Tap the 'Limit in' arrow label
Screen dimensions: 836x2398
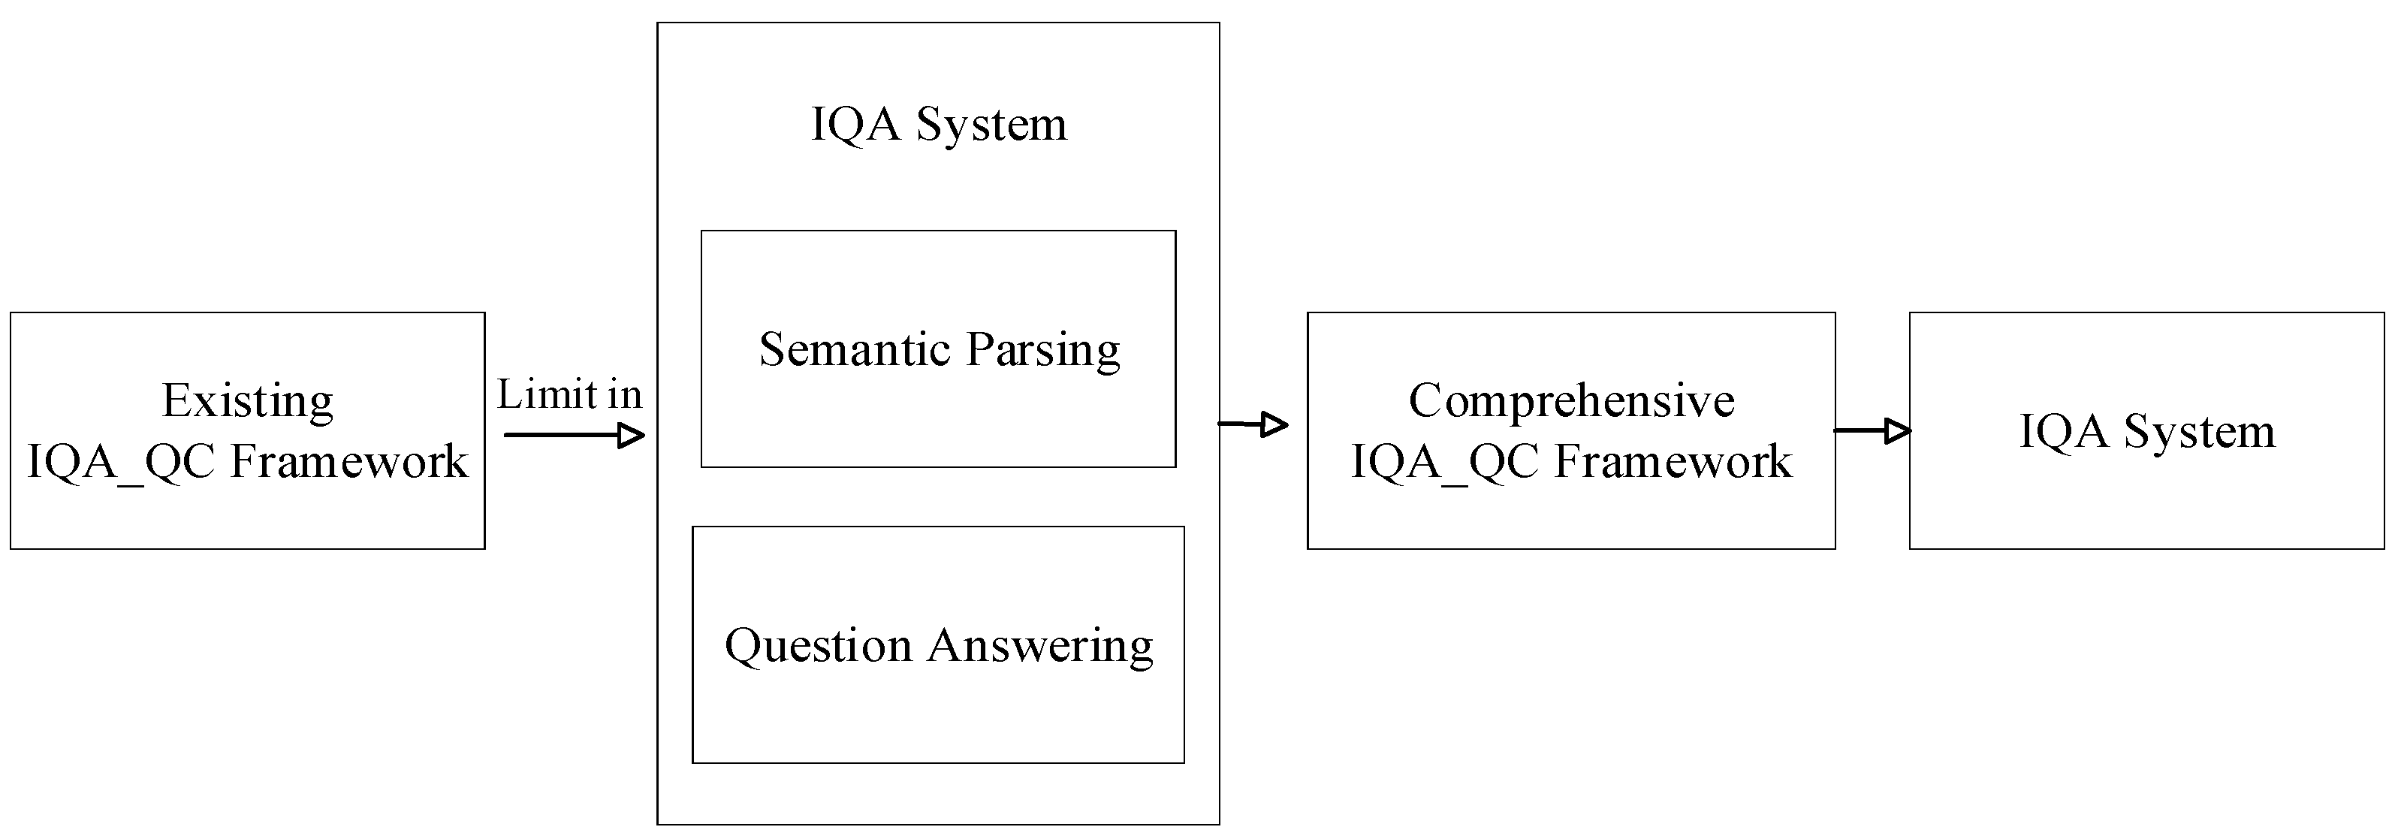pyautogui.click(x=569, y=395)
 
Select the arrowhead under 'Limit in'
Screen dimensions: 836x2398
pyautogui.click(x=631, y=435)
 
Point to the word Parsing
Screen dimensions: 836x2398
pyautogui.click(x=1042, y=351)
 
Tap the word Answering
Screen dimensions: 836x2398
pyautogui.click(x=1040, y=646)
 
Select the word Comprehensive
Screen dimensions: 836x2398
pyautogui.click(x=1570, y=401)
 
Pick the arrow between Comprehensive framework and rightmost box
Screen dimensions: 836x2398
pyautogui.click(x=1873, y=430)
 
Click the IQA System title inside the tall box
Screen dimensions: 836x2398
pyautogui.click(x=938, y=124)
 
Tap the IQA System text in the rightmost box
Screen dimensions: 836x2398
pyautogui.click(x=2146, y=431)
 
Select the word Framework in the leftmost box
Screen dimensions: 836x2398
pyautogui.click(x=348, y=461)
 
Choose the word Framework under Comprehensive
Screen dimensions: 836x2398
pyautogui.click(x=1673, y=461)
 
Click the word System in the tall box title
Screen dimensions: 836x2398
pyautogui.click(x=991, y=124)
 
